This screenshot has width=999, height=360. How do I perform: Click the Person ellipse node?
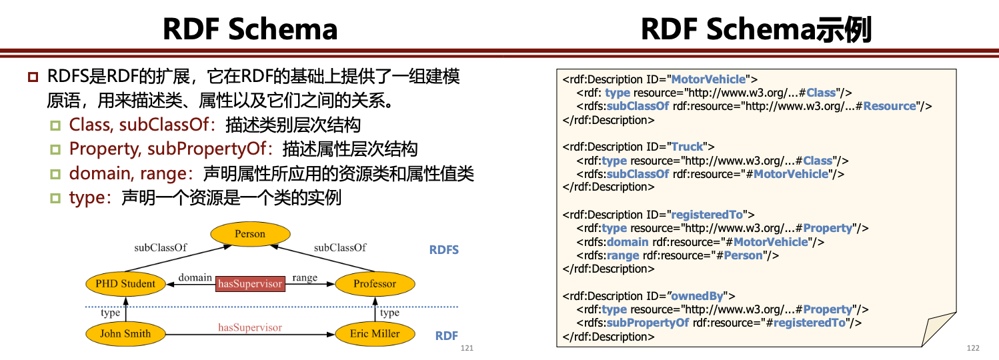(250, 234)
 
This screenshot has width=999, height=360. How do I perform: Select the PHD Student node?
(125, 284)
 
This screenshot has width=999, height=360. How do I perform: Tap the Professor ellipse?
(375, 284)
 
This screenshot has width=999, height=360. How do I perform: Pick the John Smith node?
(125, 333)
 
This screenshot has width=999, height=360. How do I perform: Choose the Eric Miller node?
(375, 333)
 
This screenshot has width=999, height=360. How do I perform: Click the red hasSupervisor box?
(250, 284)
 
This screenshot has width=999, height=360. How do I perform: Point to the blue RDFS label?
(443, 251)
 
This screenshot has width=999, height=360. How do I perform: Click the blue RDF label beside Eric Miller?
(446, 336)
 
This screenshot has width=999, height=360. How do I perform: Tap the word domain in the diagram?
(195, 277)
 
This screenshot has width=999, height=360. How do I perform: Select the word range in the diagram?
(305, 277)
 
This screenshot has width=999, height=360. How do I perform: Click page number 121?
(467, 349)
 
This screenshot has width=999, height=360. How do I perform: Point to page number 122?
(972, 349)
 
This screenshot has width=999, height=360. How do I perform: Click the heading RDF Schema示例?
(756, 30)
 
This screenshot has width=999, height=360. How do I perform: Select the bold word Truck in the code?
(687, 147)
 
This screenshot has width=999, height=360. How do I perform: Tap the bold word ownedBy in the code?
(698, 296)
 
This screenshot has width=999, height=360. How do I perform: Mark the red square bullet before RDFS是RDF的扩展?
(33, 77)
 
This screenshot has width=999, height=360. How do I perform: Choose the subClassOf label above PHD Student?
(160, 247)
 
